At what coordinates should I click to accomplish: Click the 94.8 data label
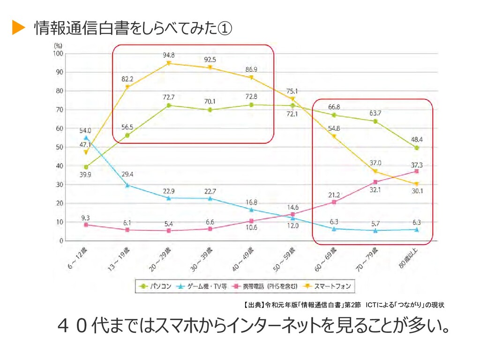pos(169,55)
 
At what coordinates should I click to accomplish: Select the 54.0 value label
pos(85,130)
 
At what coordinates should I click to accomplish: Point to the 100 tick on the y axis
pos(58,53)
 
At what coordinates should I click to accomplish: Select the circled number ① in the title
pos(225,29)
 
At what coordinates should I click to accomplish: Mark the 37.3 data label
pos(416,165)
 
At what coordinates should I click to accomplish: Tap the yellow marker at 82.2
pos(127,87)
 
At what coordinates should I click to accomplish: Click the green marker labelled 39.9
pos(86,167)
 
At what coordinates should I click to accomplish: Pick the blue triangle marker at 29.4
pos(127,185)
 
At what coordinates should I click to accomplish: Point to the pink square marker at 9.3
pos(86,225)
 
